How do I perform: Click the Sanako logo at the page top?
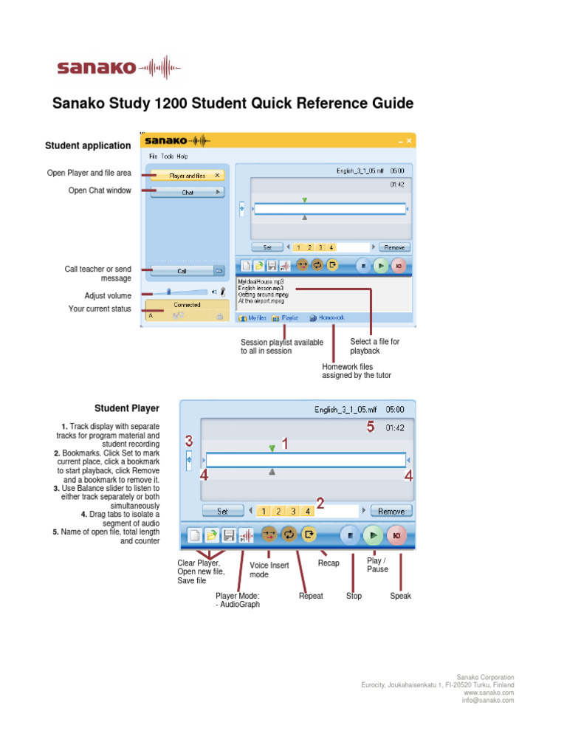(118, 68)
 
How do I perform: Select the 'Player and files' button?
(188, 176)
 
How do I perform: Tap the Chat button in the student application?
(188, 192)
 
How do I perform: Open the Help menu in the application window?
(182, 157)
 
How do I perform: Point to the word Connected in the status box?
(187, 304)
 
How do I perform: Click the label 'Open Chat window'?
(100, 190)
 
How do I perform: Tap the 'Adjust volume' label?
(108, 295)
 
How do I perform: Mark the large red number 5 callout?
(371, 427)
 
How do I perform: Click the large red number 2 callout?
(320, 504)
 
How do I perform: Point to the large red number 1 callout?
(283, 444)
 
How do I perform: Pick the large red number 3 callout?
(189, 441)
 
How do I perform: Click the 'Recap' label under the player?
(329, 563)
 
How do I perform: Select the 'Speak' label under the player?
(400, 596)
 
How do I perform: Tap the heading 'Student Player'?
(126, 408)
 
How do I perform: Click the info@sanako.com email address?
(489, 700)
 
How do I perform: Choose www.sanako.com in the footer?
(489, 693)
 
